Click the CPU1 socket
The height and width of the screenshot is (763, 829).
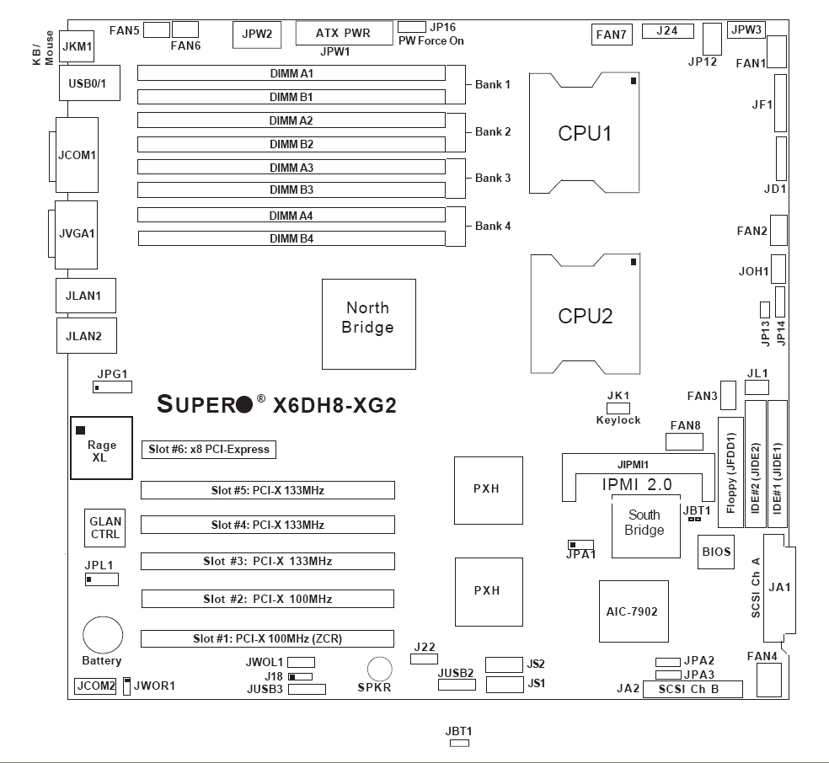[x=585, y=134]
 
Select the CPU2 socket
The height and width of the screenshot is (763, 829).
[x=585, y=316]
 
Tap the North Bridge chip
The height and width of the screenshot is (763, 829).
[x=368, y=324]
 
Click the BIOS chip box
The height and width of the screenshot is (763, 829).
[x=716, y=552]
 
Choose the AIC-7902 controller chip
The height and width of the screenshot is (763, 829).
[x=634, y=611]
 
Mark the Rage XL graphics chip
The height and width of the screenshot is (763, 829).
[x=102, y=447]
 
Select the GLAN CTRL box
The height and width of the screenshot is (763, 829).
[x=105, y=528]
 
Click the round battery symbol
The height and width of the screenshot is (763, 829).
[x=102, y=632]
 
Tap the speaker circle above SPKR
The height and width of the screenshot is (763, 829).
[x=380, y=669]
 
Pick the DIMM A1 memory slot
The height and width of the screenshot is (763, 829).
[x=291, y=73]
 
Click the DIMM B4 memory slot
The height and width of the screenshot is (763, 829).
[x=291, y=239]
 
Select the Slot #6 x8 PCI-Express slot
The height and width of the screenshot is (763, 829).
[x=209, y=450]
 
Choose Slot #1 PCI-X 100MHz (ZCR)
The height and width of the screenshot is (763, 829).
[x=267, y=638]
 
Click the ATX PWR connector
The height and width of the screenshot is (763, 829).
[x=345, y=34]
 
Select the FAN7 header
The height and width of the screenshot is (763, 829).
[x=611, y=35]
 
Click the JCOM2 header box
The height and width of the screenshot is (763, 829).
[x=94, y=686]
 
